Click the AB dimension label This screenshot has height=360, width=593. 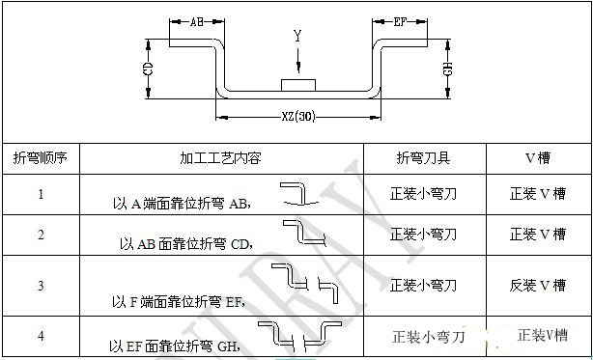coord(196,19)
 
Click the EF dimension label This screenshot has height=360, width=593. coord(402,19)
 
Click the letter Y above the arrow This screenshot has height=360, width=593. coord(298,37)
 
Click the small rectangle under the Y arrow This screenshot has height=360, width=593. coord(298,85)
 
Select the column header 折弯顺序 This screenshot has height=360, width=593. coord(40,157)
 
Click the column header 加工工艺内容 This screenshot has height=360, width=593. coord(220,157)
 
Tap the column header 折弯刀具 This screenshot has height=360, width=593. coord(423,157)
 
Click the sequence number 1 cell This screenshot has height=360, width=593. coord(40,194)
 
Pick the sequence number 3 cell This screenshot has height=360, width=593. coord(40,285)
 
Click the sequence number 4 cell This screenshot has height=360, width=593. coord(40,335)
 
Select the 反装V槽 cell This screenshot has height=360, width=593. coord(537,285)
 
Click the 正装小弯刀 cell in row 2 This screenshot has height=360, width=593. coord(423,234)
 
